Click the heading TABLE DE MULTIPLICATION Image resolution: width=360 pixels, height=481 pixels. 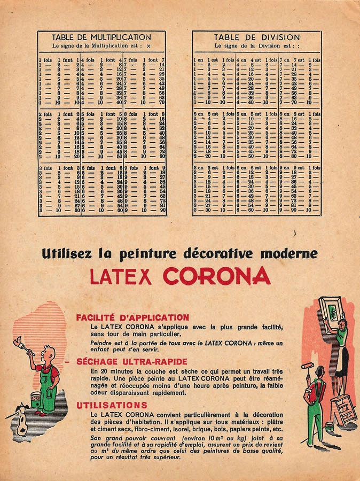click(101, 37)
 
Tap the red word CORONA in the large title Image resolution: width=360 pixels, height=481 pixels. click(217, 275)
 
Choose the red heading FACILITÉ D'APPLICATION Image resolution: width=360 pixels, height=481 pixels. click(132, 317)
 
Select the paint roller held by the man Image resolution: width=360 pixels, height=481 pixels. click(309, 369)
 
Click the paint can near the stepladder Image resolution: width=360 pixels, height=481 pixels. click(329, 426)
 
